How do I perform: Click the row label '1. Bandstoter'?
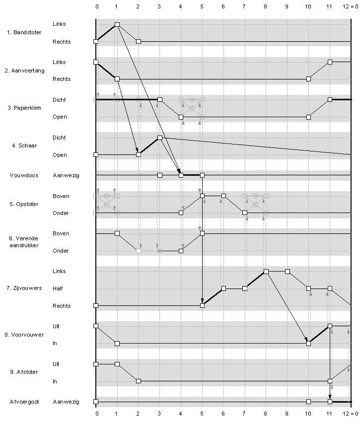[24, 32]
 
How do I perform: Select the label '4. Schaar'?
[24, 145]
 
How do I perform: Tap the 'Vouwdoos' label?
[24, 175]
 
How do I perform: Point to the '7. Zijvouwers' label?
[24, 288]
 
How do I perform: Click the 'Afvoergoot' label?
[24, 402]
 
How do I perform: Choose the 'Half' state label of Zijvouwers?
[58, 288]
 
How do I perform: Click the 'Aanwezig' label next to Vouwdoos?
[66, 176]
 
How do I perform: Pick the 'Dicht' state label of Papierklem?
[59, 100]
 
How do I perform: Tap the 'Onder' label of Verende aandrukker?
[61, 251]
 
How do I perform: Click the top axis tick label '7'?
[244, 6]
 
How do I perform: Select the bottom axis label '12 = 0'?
[350, 414]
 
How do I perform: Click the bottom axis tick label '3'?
[159, 414]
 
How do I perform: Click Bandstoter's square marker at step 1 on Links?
[117, 24]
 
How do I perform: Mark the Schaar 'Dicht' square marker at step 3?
[160, 138]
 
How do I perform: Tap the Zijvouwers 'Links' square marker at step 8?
[266, 272]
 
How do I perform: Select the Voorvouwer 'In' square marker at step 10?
[308, 344]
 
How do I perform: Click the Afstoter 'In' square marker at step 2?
[139, 381]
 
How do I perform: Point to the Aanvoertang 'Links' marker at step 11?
[330, 62]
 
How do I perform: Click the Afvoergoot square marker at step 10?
[308, 402]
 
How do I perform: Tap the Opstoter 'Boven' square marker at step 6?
[223, 196]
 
